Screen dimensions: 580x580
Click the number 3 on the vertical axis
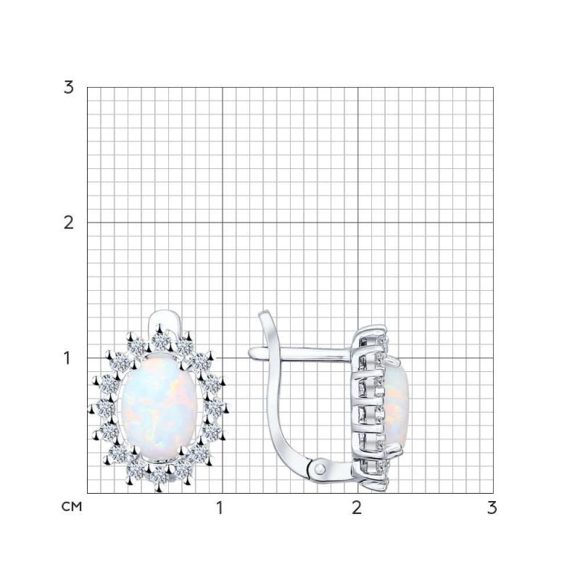pos(69,87)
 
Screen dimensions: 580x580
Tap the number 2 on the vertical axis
pos(69,222)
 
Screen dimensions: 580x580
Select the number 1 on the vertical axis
pos(69,357)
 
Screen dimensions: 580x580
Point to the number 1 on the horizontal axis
pos(221,507)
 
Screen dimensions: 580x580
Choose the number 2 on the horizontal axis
pos(356,507)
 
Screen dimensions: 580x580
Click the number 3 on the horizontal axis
pos(492,507)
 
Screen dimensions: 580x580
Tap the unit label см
pos(72,506)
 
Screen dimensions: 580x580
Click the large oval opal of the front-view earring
pos(159,409)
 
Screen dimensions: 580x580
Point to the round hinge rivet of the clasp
pos(320,469)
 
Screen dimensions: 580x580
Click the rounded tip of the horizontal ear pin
pos(252,352)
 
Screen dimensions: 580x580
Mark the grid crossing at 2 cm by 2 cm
pos(357,222)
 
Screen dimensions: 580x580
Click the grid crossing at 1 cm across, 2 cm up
pos(222,222)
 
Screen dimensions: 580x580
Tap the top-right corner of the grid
pos(493,87)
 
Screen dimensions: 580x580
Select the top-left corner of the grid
pos(87,87)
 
